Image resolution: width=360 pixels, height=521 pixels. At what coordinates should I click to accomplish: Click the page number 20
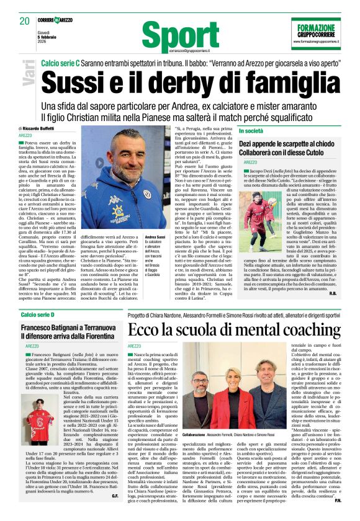[x=25, y=20]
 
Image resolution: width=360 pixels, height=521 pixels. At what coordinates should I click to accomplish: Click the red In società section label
[x=252, y=131]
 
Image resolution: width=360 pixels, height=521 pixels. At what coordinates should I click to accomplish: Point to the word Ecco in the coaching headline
[x=147, y=329]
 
